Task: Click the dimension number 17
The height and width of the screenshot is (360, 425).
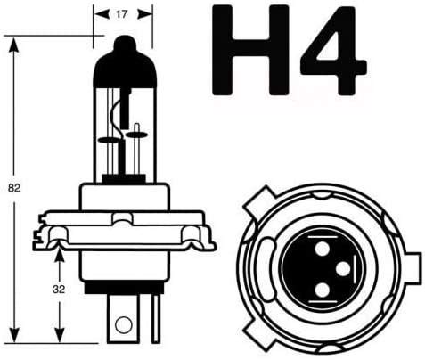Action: pos(120,13)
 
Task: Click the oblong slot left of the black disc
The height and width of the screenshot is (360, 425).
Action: pos(266,264)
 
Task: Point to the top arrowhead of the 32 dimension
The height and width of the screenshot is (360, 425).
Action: pos(59,250)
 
